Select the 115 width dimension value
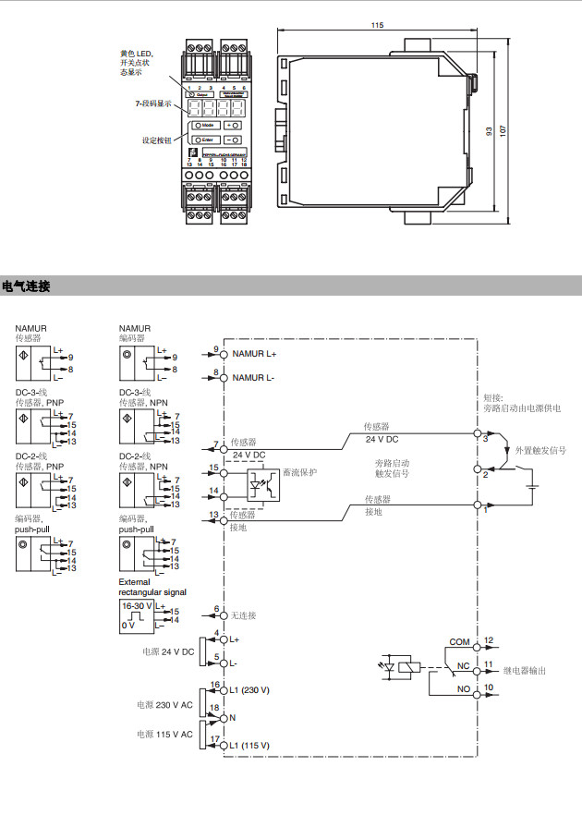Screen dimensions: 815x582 click(x=377, y=25)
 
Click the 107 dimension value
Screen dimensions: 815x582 click(x=503, y=129)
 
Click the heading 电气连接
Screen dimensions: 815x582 click(x=26, y=286)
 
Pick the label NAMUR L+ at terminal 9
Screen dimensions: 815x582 click(x=254, y=354)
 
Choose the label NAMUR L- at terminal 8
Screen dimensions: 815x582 click(x=252, y=377)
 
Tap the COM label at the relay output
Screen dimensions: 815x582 click(x=459, y=640)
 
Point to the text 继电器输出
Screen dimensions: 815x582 click(x=526, y=670)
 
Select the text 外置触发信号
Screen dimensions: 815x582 click(x=540, y=450)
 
